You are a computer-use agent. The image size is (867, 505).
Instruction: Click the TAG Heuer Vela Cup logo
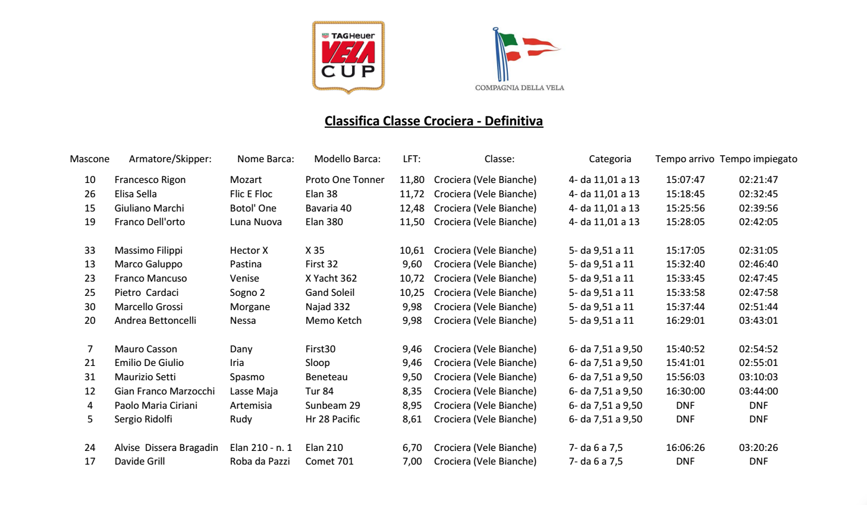click(348, 57)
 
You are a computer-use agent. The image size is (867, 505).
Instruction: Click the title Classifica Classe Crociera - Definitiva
click(433, 121)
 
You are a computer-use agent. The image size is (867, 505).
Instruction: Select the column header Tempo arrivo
click(684, 159)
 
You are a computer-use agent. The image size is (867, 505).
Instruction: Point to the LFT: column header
click(411, 159)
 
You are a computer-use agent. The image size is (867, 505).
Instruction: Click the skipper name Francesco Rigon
click(150, 180)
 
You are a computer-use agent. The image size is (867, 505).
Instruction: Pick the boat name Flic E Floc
click(251, 194)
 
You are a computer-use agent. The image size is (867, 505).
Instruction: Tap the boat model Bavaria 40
click(328, 209)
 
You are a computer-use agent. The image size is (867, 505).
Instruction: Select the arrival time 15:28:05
click(685, 222)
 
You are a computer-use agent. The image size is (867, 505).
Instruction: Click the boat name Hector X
click(249, 251)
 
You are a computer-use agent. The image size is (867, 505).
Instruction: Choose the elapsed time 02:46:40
click(758, 264)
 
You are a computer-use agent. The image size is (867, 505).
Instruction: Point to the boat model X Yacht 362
click(331, 279)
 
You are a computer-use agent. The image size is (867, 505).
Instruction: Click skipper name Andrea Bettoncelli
click(155, 321)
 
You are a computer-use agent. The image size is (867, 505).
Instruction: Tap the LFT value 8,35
click(412, 392)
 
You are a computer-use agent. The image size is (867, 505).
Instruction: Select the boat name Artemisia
click(250, 406)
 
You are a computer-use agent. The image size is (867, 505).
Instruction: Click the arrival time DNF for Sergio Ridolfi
click(685, 419)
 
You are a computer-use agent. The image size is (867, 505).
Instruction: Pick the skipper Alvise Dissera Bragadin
click(166, 448)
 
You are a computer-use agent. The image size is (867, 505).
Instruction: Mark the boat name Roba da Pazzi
click(260, 462)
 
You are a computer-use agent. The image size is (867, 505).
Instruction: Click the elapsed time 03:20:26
click(758, 448)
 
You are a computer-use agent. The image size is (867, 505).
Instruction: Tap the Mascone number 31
click(90, 377)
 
